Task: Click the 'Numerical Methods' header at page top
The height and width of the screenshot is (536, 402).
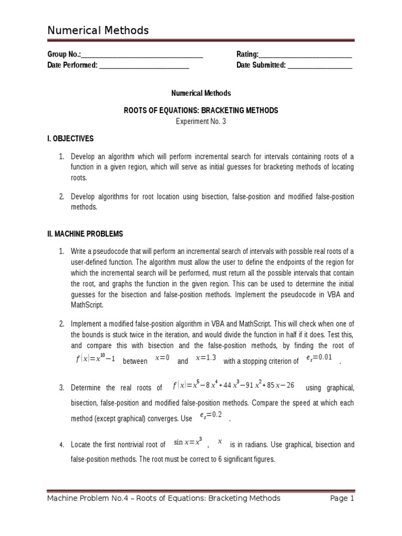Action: [98, 30]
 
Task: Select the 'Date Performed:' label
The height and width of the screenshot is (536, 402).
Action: [72, 65]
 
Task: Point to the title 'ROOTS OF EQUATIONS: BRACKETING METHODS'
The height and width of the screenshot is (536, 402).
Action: [201, 110]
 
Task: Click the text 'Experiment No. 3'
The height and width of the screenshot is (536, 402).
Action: [201, 121]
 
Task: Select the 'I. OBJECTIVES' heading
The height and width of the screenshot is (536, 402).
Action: [70, 139]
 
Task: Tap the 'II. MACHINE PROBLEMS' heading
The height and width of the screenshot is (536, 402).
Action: [85, 234]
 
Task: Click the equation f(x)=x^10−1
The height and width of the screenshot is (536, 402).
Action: [95, 360]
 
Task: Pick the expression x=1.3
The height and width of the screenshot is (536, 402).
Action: [205, 358]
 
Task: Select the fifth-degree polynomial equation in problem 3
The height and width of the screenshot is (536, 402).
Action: [233, 386]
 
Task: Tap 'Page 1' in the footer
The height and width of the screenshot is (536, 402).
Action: [342, 498]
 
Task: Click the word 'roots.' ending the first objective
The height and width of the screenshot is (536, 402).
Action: [80, 177]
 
